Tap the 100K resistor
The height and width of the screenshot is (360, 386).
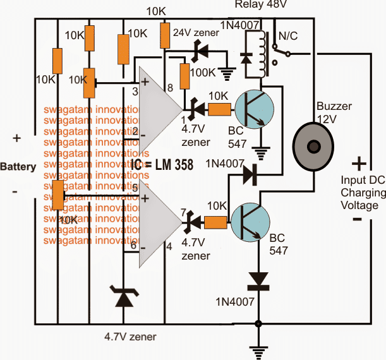(186, 76)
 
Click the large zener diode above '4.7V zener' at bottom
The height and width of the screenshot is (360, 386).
(121, 297)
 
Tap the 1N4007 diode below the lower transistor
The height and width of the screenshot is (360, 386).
(258, 279)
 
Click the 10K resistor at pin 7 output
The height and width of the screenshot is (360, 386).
(215, 222)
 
